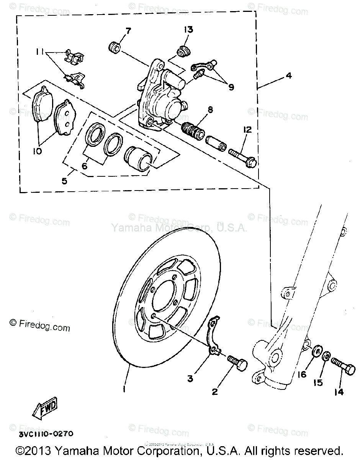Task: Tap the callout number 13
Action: click(188, 30)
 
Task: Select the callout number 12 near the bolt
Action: click(247, 130)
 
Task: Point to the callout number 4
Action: click(288, 76)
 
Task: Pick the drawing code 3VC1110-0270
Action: click(45, 434)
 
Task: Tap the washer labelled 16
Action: click(317, 352)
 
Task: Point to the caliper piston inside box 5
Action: click(139, 158)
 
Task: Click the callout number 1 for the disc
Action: click(124, 389)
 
